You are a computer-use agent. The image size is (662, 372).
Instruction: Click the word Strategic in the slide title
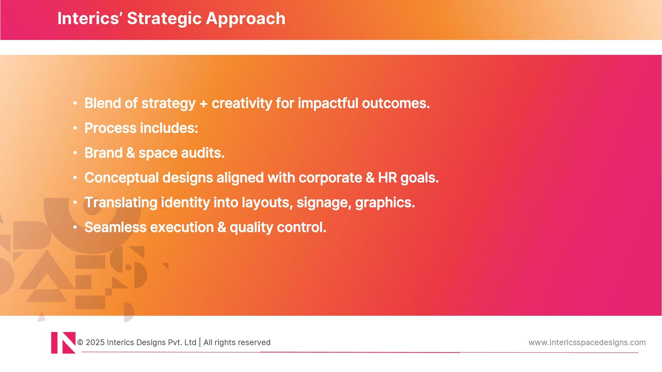(x=164, y=19)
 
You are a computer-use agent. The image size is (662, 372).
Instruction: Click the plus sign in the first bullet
(x=203, y=104)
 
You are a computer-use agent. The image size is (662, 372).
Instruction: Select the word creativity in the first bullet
(x=242, y=103)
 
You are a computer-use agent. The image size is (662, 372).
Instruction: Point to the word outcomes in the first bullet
(x=396, y=103)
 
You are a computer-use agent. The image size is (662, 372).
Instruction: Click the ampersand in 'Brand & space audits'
(x=131, y=153)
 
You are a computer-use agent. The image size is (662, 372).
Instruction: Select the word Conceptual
(x=122, y=178)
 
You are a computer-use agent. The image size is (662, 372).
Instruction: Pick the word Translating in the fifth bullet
(x=121, y=203)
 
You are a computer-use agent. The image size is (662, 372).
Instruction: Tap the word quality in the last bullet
(x=251, y=228)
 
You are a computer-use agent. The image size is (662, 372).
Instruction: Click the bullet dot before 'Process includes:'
(x=75, y=128)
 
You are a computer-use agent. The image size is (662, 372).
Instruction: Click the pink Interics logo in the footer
(x=63, y=343)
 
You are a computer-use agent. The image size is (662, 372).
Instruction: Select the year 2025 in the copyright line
(x=95, y=342)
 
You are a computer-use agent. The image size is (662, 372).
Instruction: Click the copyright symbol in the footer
(x=80, y=342)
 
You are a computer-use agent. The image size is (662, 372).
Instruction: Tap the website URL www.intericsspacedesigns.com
(x=587, y=343)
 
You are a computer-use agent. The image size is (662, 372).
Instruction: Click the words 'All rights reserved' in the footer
(x=237, y=343)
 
